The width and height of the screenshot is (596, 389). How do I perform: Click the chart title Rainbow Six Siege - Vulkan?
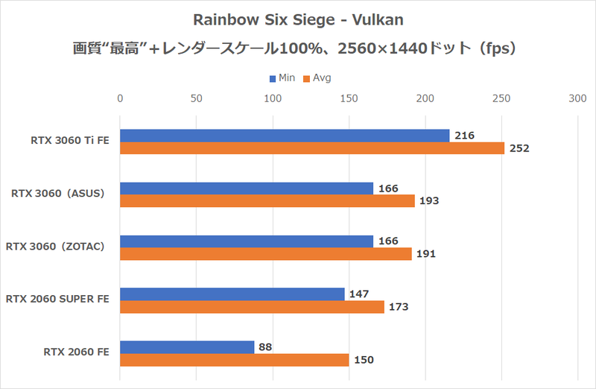298,20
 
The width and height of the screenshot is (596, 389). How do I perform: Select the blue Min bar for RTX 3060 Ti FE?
285,136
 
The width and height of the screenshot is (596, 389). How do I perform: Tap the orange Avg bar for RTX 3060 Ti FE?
312,148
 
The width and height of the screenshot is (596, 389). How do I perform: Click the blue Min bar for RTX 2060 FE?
187,347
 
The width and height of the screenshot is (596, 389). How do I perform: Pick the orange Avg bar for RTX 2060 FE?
235,360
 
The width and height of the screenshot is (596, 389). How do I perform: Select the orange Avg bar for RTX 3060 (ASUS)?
267,201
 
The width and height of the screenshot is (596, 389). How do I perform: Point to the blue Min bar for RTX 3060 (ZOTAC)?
247,241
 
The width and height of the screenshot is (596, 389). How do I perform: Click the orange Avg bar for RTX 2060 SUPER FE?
252,307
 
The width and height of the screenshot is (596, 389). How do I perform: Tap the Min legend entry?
282,78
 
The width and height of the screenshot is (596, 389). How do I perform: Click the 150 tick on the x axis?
349,98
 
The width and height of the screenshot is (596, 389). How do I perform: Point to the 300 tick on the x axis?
577,98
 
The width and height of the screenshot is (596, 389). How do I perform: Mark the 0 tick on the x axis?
120,98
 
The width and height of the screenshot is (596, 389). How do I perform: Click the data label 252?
519,148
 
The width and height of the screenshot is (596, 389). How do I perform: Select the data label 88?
266,347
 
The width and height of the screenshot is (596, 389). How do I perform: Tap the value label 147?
359,294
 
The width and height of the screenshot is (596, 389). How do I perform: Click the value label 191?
425,254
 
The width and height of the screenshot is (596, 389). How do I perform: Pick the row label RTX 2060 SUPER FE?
57,300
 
